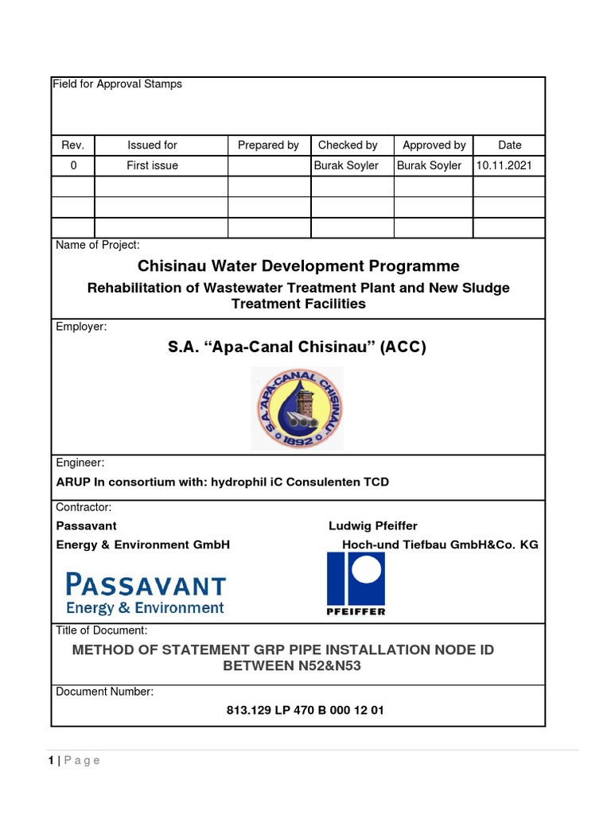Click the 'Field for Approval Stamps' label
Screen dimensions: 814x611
pyautogui.click(x=117, y=84)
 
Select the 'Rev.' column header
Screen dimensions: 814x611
pyautogui.click(x=72, y=145)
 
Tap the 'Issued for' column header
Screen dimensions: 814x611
pyautogui.click(x=152, y=145)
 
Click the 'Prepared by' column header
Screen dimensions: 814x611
pyautogui.click(x=268, y=145)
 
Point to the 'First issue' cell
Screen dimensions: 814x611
pyautogui.click(x=152, y=165)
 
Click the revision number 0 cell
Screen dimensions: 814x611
pyautogui.click(x=73, y=165)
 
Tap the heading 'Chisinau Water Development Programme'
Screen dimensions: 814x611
pyautogui.click(x=298, y=266)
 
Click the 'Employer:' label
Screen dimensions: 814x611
pyautogui.click(x=81, y=327)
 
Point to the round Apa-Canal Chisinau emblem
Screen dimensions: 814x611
pyautogui.click(x=298, y=409)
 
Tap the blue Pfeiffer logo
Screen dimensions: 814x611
pyautogui.click(x=356, y=583)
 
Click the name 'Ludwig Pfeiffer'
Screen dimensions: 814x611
pyautogui.click(x=372, y=526)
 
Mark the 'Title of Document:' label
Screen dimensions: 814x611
pyautogui.click(x=101, y=630)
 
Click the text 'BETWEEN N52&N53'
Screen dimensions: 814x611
pyautogui.click(x=292, y=666)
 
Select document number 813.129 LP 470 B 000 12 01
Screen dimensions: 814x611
pyautogui.click(x=305, y=710)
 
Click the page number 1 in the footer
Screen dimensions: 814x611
pyautogui.click(x=51, y=761)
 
